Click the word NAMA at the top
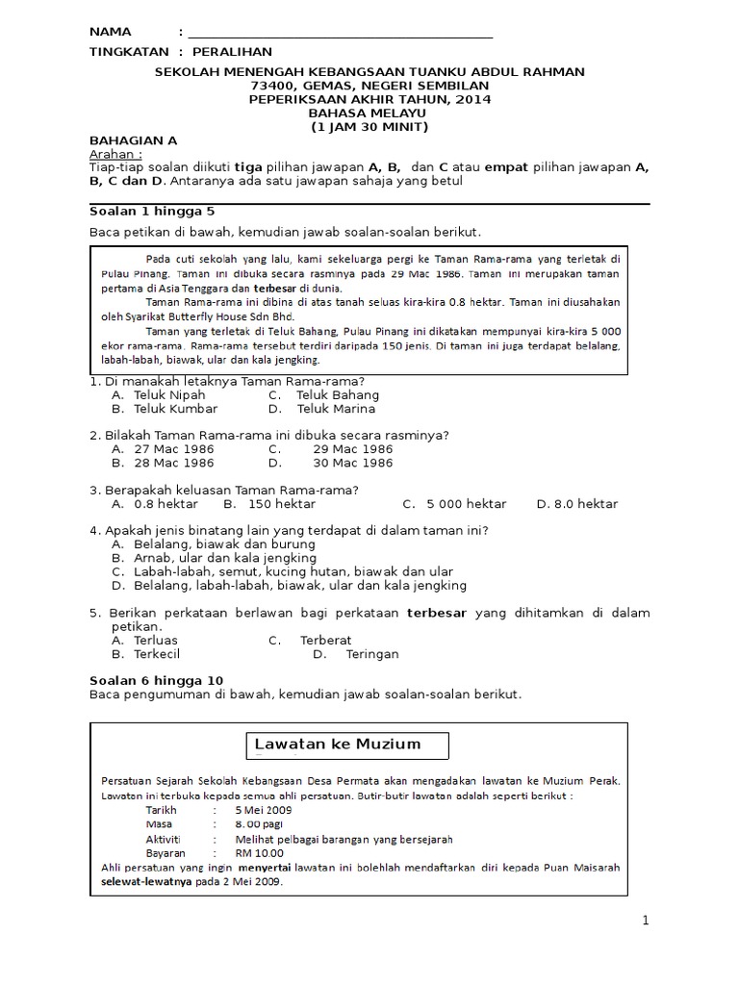point(110,32)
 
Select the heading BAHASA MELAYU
point(370,113)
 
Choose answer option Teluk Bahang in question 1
point(337,394)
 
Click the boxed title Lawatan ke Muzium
point(337,745)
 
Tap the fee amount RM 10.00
point(260,852)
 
